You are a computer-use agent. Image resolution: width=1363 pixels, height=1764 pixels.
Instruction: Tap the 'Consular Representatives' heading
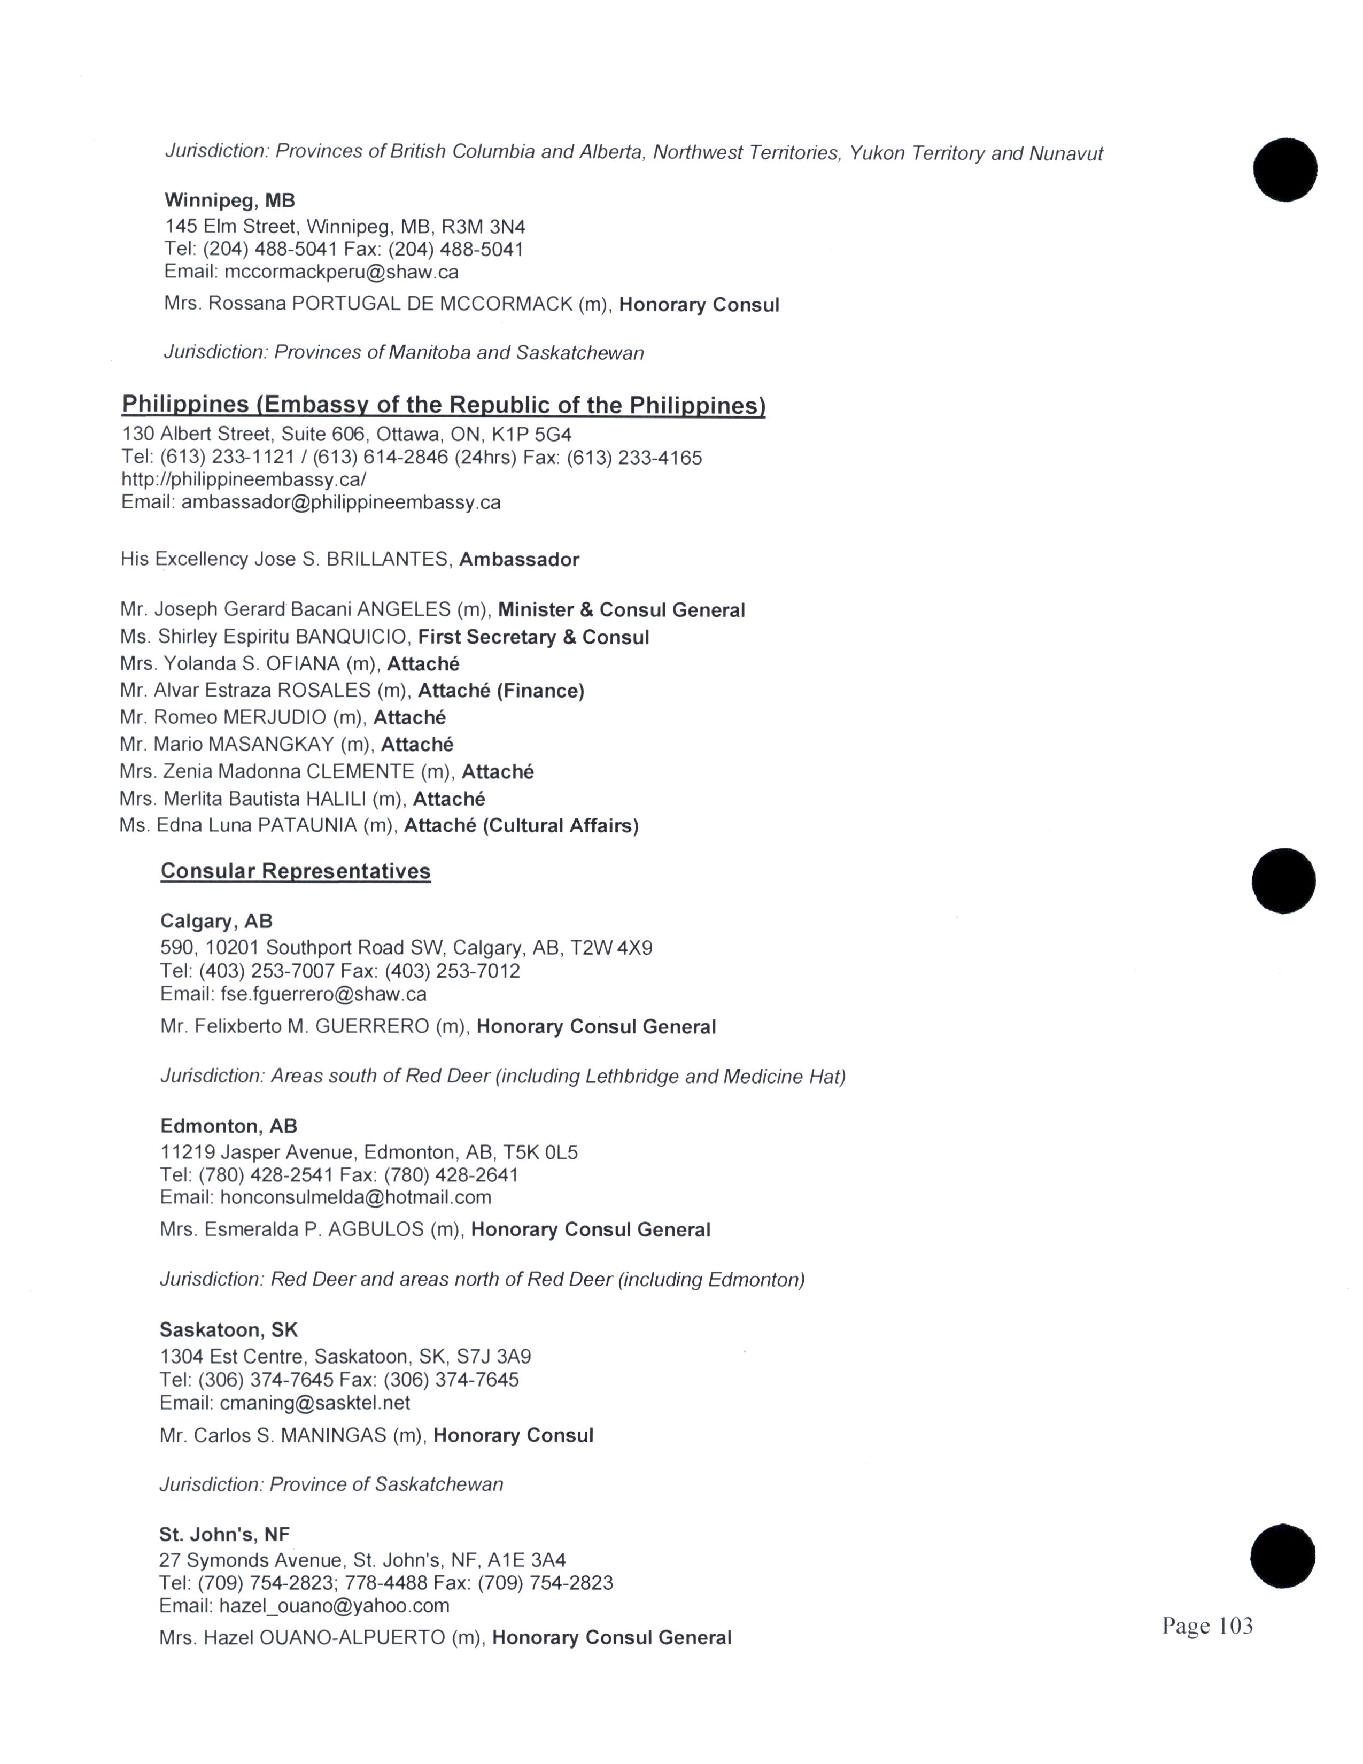tap(296, 871)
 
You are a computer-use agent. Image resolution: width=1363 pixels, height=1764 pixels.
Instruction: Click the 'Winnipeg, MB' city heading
tap(230, 200)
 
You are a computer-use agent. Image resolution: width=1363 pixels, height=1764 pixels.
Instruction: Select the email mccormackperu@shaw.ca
tap(342, 272)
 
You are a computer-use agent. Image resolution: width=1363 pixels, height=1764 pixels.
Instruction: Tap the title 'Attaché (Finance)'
tap(501, 691)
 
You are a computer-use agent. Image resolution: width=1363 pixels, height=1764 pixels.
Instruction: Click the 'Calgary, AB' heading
tap(216, 921)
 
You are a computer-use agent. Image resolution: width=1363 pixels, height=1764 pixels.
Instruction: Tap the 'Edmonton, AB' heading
tap(229, 1126)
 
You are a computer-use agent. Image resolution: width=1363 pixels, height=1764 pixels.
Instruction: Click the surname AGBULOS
tap(375, 1229)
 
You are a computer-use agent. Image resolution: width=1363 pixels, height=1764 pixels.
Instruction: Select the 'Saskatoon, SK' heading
tap(229, 1329)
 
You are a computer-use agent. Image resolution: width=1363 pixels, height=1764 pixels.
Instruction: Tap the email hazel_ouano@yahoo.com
tap(334, 1606)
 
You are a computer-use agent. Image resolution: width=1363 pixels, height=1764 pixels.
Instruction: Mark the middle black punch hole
tap(1283, 880)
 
